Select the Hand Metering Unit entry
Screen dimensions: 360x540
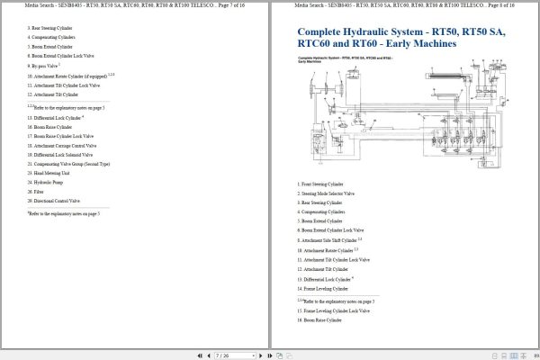[x=50, y=173]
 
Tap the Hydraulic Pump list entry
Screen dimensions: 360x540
[x=47, y=183]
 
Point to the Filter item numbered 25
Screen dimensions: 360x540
[x=38, y=192]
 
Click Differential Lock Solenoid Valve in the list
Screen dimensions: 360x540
[x=60, y=155]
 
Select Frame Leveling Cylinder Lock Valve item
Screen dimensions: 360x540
[x=334, y=310]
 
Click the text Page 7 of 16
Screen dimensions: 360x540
[x=229, y=5]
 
